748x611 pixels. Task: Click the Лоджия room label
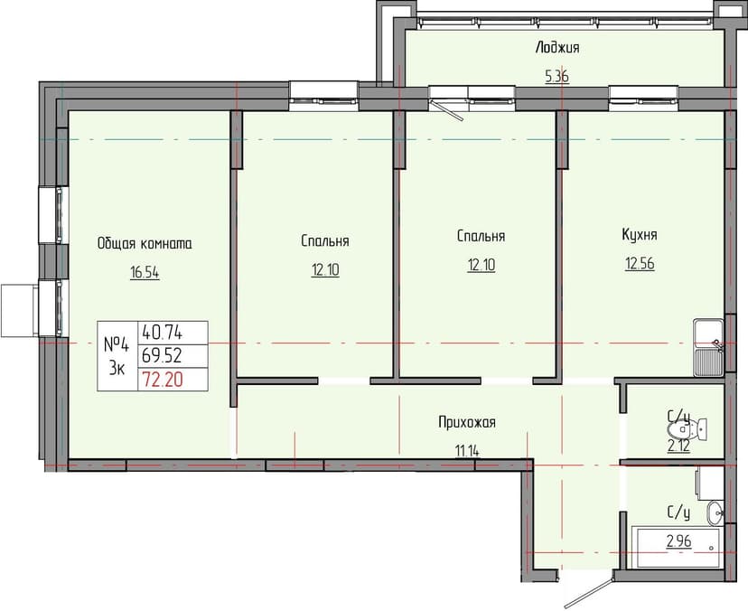556,48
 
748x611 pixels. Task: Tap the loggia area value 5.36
556,77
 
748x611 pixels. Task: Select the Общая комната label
145,243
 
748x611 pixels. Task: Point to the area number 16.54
145,272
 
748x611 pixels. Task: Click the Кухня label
639,234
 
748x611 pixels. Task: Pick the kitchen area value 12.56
639,264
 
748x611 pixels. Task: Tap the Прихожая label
467,421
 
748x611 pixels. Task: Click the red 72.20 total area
162,380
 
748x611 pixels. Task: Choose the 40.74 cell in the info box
162,333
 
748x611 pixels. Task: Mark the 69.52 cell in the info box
162,356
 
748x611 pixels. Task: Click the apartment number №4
117,344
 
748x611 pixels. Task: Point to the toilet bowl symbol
697,428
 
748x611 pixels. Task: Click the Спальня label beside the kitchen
481,236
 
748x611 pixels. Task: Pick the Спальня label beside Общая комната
325,241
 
